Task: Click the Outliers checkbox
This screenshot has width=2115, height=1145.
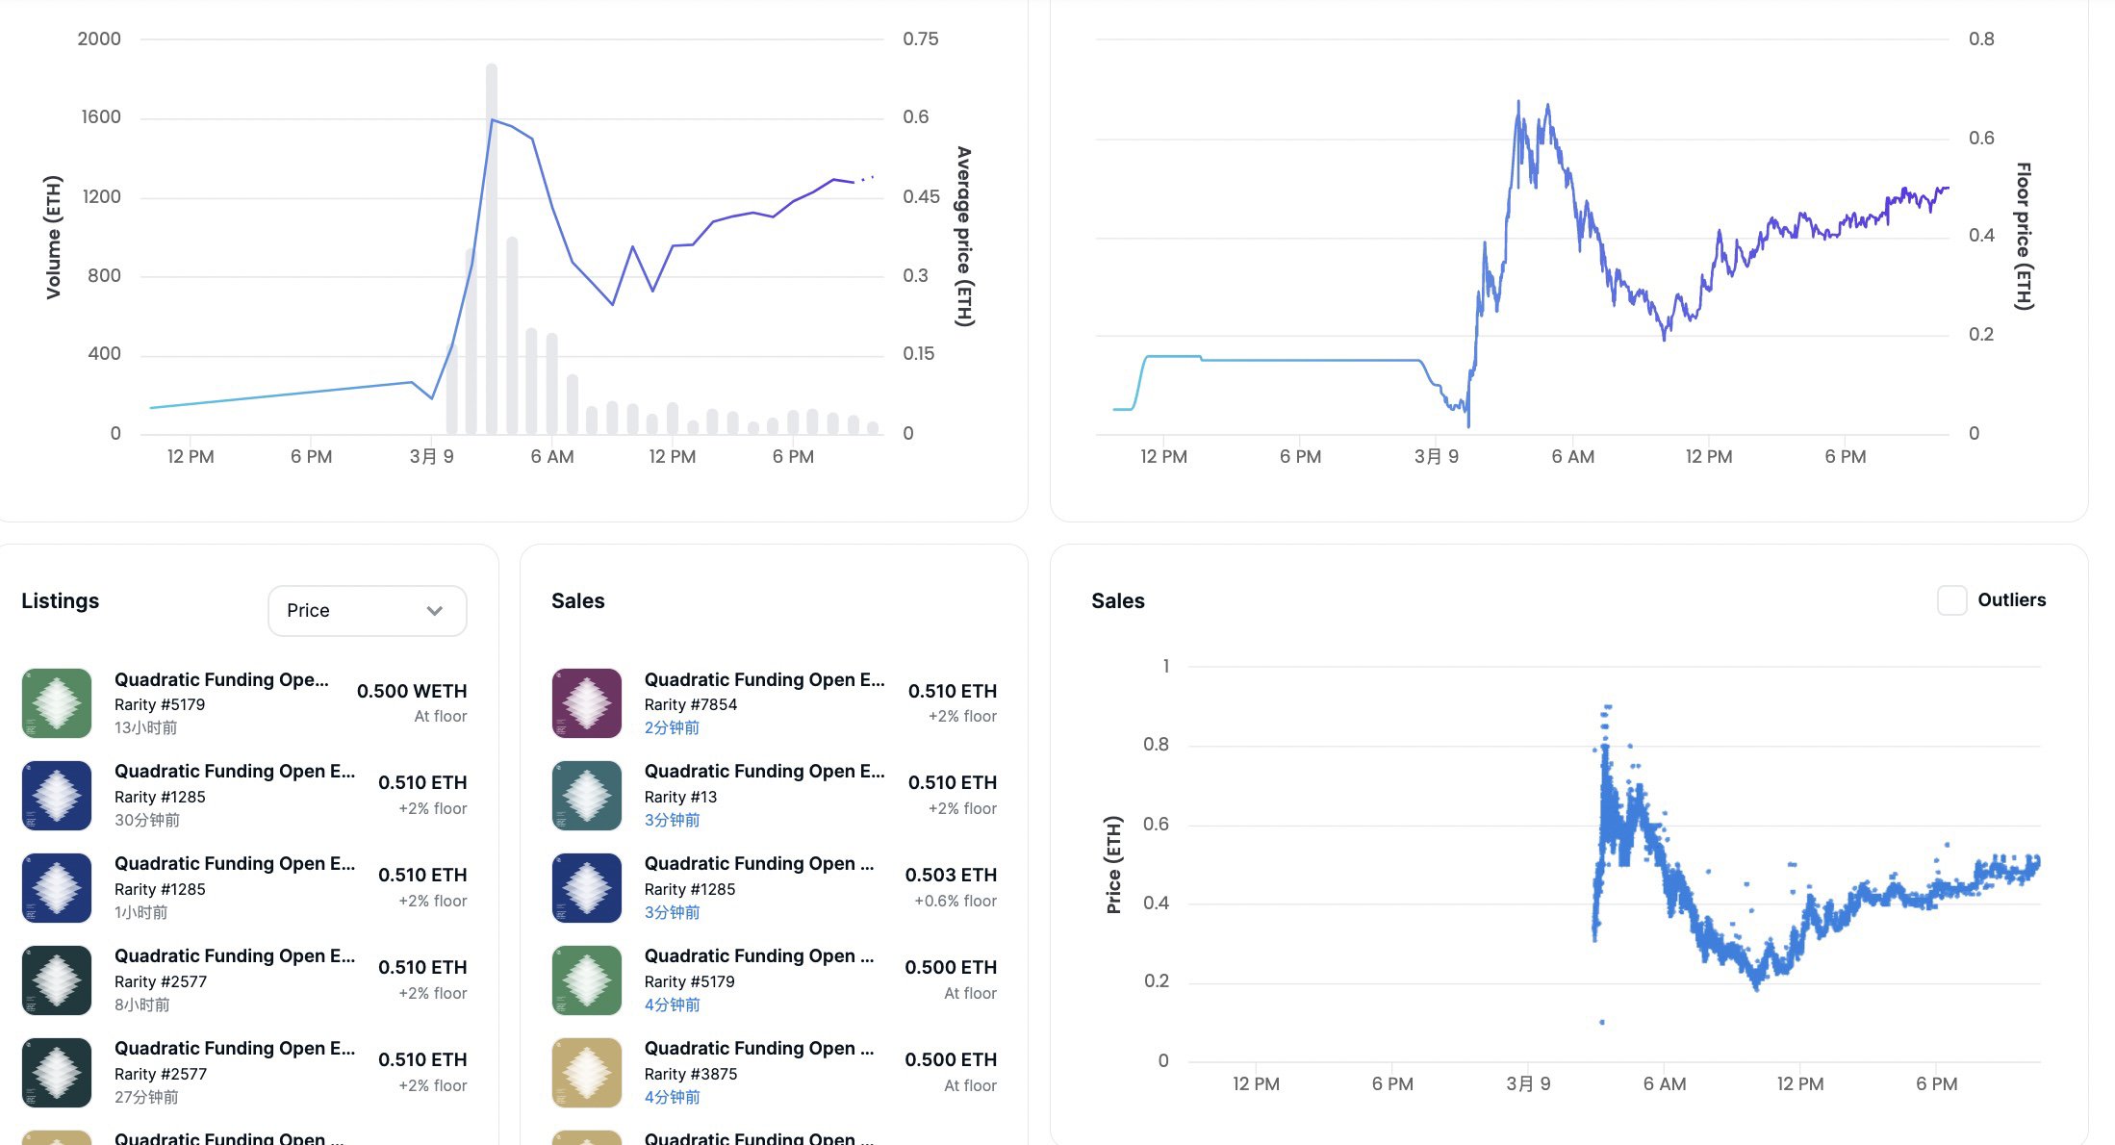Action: pyautogui.click(x=1951, y=600)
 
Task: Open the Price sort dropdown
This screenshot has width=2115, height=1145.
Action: pyautogui.click(x=367, y=611)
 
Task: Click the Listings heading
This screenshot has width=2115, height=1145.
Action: pyautogui.click(x=60, y=601)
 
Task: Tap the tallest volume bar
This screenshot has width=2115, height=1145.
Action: pyautogui.click(x=492, y=248)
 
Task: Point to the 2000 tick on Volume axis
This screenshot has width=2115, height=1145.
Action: pyautogui.click(x=99, y=39)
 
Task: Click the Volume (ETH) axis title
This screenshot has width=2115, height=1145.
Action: pyautogui.click(x=53, y=237)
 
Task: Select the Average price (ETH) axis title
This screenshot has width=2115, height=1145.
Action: pyautogui.click(x=964, y=237)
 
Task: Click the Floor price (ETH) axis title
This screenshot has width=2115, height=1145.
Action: pyautogui.click(x=2025, y=237)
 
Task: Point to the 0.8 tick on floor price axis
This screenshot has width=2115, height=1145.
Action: pyautogui.click(x=1981, y=39)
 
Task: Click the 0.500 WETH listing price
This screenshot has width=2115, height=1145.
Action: pyautogui.click(x=412, y=692)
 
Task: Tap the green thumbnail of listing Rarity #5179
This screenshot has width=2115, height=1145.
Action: pyautogui.click(x=57, y=703)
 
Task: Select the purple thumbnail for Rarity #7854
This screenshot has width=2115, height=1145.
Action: pyautogui.click(x=587, y=703)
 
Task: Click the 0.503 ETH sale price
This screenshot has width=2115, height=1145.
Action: pyautogui.click(x=951, y=876)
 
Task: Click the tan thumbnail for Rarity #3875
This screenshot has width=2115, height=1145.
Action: pyautogui.click(x=587, y=1073)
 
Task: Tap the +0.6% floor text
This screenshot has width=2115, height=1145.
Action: pyautogui.click(x=956, y=902)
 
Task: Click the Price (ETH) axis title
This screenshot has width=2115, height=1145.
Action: pyautogui.click(x=1113, y=865)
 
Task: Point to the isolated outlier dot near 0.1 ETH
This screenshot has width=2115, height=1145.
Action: pyautogui.click(x=1602, y=1022)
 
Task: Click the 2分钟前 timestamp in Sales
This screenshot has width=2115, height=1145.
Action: pyautogui.click(x=672, y=728)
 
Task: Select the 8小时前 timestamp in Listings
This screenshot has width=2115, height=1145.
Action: pyautogui.click(x=141, y=1005)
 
